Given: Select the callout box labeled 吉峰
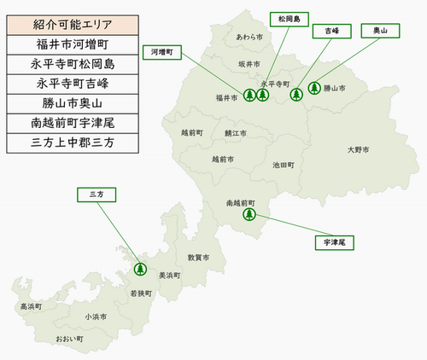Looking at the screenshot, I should click(x=325, y=31).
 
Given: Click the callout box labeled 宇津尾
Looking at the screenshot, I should click(x=333, y=243).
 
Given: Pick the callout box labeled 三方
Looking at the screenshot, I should click(x=96, y=195).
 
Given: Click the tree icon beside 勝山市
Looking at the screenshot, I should click(x=313, y=87).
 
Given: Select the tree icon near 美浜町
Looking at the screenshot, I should click(x=141, y=270).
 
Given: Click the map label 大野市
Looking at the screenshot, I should click(x=359, y=150).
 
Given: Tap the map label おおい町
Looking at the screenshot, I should click(x=70, y=340).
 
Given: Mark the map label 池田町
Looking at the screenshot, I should click(x=284, y=165).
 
